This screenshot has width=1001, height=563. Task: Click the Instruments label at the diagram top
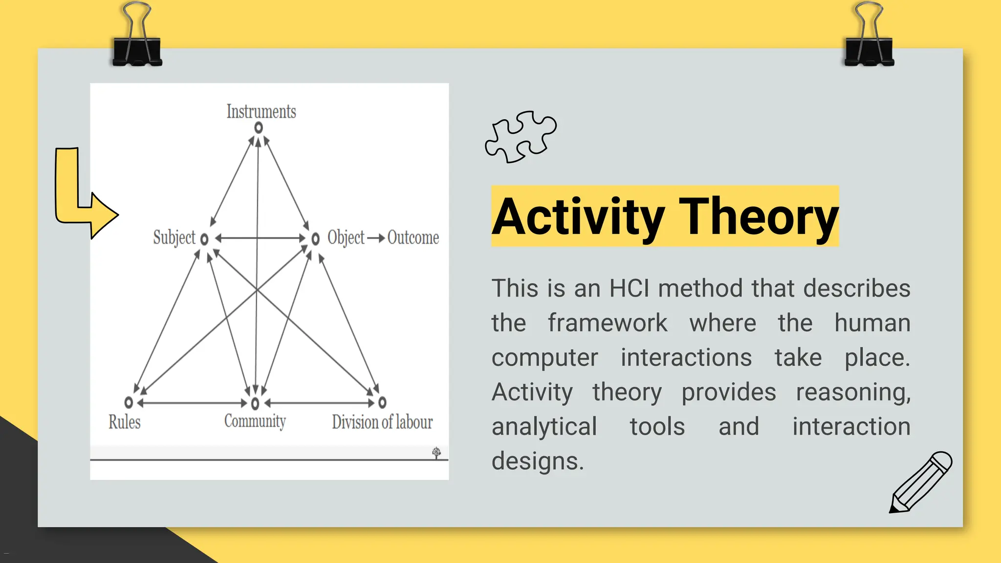[x=261, y=111]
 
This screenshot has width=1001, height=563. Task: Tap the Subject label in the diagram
[x=174, y=238]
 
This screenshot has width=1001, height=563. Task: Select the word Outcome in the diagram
[x=413, y=238]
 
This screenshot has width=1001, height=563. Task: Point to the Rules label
[x=124, y=422]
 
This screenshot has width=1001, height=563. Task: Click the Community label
[x=255, y=421]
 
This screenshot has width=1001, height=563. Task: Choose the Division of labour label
[x=382, y=422]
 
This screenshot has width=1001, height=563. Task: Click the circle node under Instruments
[x=259, y=128]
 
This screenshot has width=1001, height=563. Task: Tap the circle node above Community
[x=255, y=403]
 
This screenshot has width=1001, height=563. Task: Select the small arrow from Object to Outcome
[x=375, y=238]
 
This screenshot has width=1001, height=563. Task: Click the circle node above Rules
[x=129, y=402]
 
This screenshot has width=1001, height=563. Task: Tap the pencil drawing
[x=920, y=482]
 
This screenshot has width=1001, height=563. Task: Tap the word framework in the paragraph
[x=607, y=323]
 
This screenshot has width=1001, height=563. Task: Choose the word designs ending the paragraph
[x=537, y=461]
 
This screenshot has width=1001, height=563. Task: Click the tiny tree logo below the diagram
[x=436, y=453]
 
